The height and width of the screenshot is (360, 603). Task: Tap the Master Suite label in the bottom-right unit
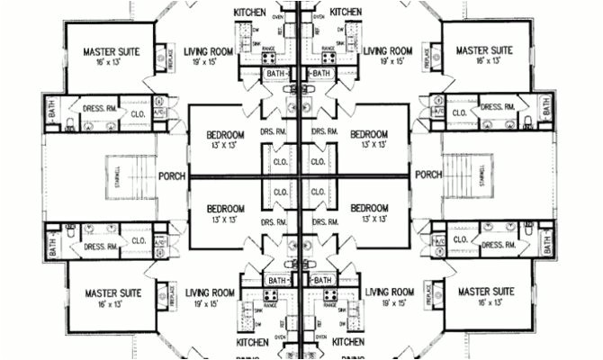click(486, 292)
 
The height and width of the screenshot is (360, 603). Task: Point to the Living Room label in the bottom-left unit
click(210, 292)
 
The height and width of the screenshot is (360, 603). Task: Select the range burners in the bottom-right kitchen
click(328, 294)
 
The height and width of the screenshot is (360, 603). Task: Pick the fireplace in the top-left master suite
click(164, 57)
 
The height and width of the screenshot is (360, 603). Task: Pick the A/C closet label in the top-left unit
click(160, 112)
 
